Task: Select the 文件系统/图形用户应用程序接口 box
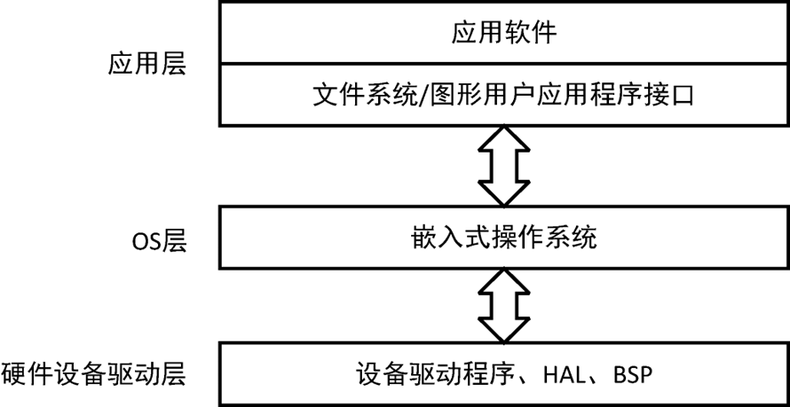503,93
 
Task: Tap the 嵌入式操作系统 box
503,238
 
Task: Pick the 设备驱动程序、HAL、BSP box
503,374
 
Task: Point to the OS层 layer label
157,241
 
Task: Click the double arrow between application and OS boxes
503,166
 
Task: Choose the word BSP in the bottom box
632,374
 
